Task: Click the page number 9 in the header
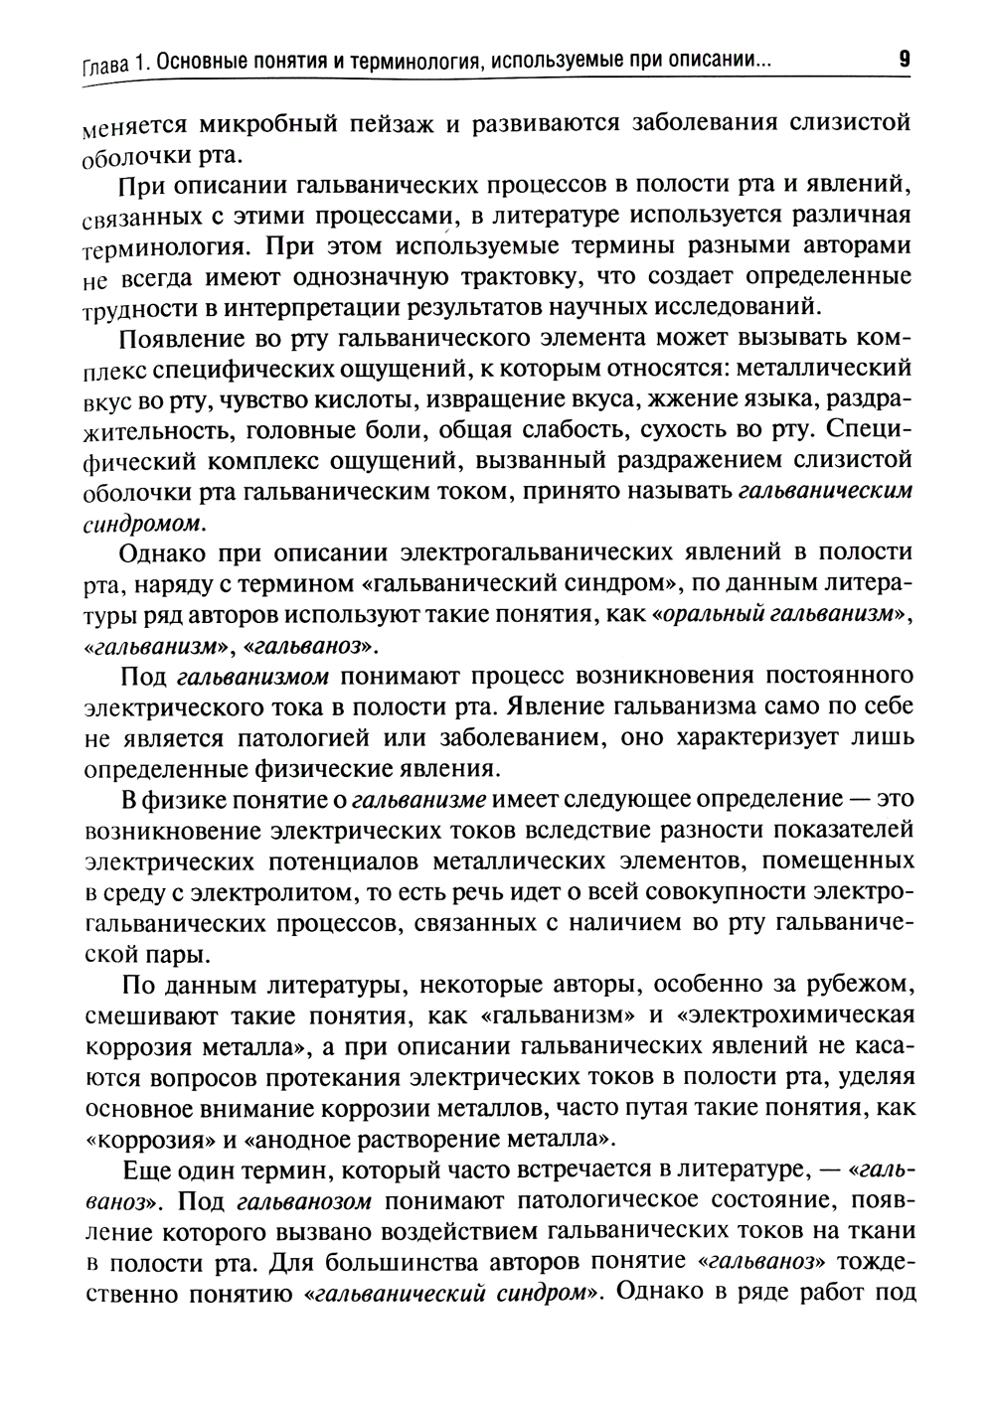[x=904, y=59]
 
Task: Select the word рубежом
[x=853, y=985]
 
